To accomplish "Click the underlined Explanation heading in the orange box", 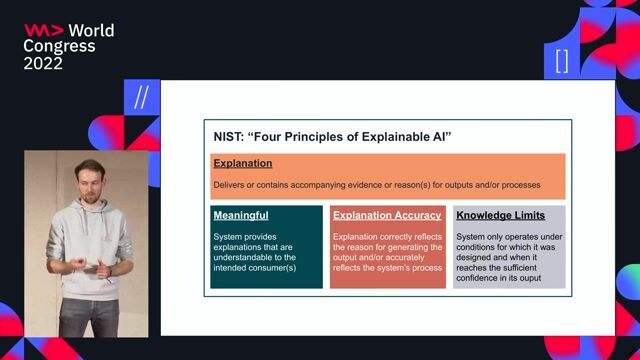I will (x=242, y=163).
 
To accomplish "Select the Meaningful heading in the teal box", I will (x=241, y=215).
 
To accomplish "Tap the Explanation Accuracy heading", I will (x=387, y=215).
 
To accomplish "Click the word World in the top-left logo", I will (x=91, y=30).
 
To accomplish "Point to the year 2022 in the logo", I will (x=43, y=63).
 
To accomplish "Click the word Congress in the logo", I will (x=60, y=46).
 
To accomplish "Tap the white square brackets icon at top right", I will (x=561, y=61).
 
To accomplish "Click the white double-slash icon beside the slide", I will (x=141, y=97).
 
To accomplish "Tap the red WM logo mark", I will (x=43, y=30).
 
